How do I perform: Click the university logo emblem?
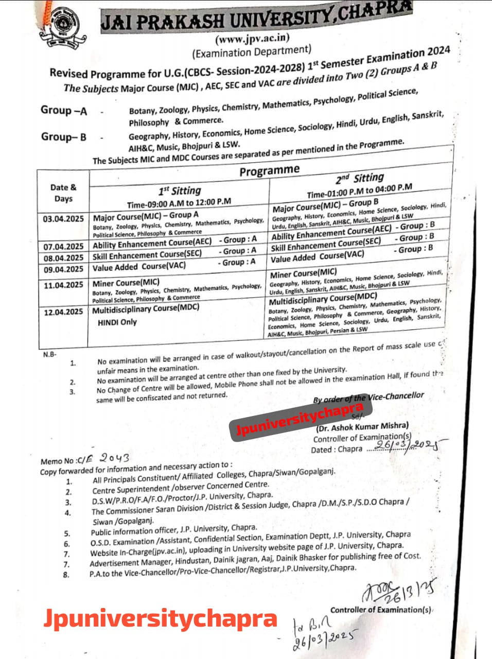click(x=64, y=25)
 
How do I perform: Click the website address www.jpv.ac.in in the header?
click(x=252, y=38)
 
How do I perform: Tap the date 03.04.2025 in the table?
click(x=63, y=219)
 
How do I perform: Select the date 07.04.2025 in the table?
click(x=63, y=247)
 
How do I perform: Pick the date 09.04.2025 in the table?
click(x=63, y=269)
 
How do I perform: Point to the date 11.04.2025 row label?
click(x=63, y=285)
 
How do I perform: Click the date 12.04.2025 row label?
click(x=63, y=312)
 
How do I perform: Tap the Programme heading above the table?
click(x=269, y=170)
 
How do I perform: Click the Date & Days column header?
click(x=63, y=193)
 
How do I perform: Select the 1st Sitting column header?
click(x=180, y=190)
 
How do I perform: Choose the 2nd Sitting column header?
click(x=360, y=179)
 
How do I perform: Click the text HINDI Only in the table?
click(x=117, y=322)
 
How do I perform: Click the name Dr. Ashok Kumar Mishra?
click(x=362, y=427)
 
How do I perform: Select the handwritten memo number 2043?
click(x=114, y=457)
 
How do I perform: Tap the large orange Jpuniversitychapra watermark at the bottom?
click(x=161, y=617)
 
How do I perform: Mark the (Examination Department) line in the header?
click(x=252, y=51)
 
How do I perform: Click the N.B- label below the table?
click(x=50, y=354)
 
